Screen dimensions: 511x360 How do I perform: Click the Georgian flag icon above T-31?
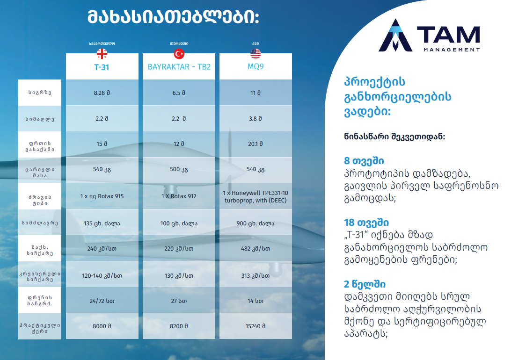(102, 54)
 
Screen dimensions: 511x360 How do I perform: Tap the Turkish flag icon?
(179, 54)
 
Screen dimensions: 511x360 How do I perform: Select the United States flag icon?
(255, 54)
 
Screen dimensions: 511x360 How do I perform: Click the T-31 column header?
(102, 67)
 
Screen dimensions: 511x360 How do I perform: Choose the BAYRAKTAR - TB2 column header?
(179, 67)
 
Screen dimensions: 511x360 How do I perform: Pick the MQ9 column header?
(255, 66)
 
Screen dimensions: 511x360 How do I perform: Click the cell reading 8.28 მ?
(102, 93)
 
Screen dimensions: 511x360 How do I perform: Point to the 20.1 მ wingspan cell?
(255, 144)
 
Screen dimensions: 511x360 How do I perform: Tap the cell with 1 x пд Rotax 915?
(102, 196)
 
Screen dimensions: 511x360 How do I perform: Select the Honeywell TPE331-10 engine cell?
(255, 197)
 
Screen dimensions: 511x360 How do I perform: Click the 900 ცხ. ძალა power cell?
(255, 223)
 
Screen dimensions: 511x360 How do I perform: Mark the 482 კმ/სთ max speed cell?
(255, 249)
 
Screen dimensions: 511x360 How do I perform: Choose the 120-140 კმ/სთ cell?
(102, 276)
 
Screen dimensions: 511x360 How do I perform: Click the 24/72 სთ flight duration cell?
(102, 301)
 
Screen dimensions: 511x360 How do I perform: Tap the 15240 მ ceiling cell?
(255, 326)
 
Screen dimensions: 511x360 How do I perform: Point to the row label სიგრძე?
(40, 93)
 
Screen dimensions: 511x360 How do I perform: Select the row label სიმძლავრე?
(40, 223)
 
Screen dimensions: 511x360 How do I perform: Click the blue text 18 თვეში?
(366, 223)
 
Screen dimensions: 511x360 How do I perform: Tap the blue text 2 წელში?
(365, 284)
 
